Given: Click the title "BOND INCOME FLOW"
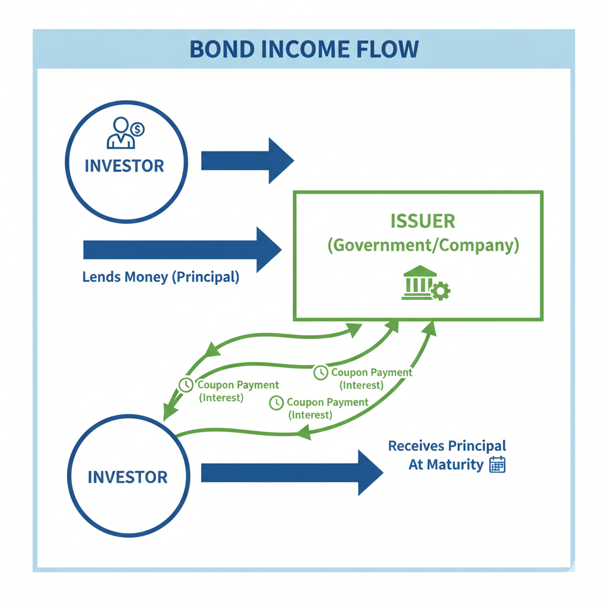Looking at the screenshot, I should click(x=304, y=49).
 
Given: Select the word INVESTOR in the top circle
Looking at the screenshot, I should click(x=124, y=166).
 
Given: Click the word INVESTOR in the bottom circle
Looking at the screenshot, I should click(x=128, y=477).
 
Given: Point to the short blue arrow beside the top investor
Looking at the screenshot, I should click(x=247, y=160).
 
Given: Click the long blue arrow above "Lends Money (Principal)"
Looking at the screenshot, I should click(x=182, y=249).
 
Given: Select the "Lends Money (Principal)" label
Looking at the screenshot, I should click(x=161, y=277).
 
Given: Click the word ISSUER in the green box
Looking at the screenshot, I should click(x=423, y=221).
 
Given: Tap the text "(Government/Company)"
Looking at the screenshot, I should click(x=423, y=245).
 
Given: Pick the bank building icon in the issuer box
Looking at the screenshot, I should click(x=419, y=283).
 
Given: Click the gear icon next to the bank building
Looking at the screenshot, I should click(x=441, y=291).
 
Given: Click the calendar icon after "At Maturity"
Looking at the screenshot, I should click(x=497, y=464).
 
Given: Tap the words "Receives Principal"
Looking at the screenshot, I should click(x=447, y=446).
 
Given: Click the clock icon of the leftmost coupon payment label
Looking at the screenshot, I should click(x=186, y=385).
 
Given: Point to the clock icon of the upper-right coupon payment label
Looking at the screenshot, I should click(x=321, y=372).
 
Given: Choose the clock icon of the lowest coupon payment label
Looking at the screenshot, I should click(x=276, y=403).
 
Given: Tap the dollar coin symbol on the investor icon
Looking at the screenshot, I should click(x=138, y=128).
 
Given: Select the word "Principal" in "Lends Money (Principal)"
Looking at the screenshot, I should click(x=205, y=277).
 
